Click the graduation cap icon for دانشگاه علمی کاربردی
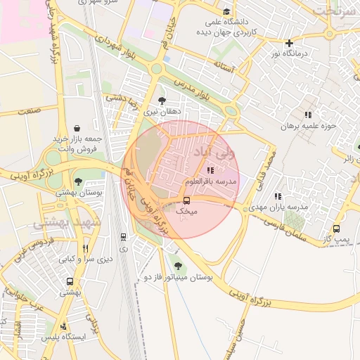[x=226, y=12]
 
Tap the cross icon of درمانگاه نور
[x=288, y=43]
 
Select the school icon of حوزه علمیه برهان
[x=307, y=115]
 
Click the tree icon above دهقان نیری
[x=162, y=101]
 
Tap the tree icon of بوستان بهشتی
[x=77, y=181]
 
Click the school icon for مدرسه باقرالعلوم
[x=210, y=170]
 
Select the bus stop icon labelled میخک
[x=186, y=200]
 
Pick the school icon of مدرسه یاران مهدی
[x=278, y=196]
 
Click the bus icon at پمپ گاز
[x=336, y=229]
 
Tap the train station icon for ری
[x=123, y=237]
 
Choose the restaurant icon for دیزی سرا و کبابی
[x=86, y=248]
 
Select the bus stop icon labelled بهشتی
[x=69, y=281]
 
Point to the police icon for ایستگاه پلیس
[x=64, y=326]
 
